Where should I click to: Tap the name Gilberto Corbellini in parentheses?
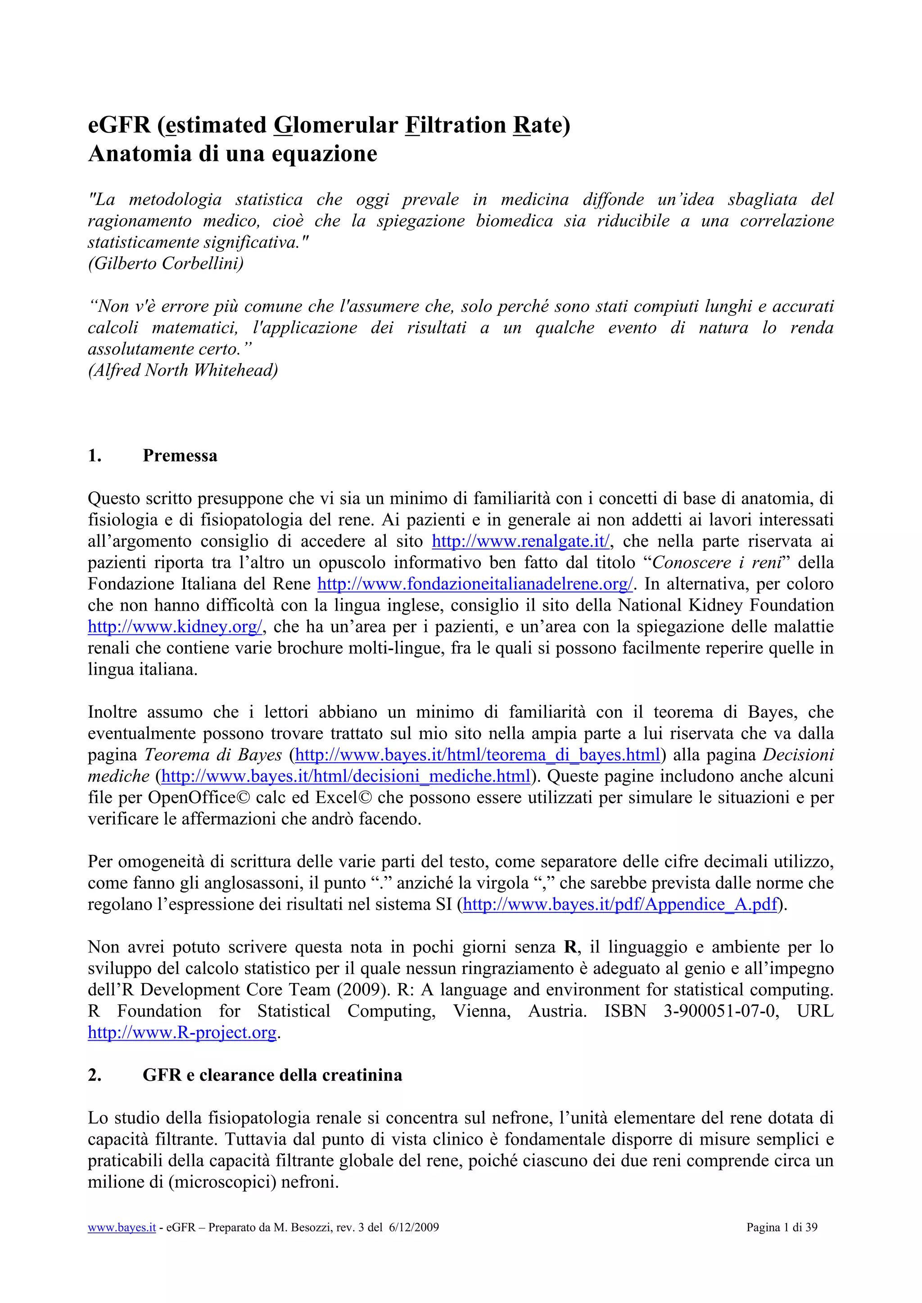coord(166,263)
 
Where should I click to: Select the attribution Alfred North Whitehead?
coord(183,370)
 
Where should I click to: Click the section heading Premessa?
coord(180,456)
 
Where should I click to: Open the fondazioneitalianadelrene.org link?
coord(475,584)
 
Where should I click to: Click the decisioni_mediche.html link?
coord(346,776)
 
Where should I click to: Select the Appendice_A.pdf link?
coord(619,904)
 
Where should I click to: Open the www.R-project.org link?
coord(182,1032)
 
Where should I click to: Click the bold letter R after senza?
coord(570,947)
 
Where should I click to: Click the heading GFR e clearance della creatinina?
coord(272,1075)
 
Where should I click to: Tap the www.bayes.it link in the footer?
coord(122,1227)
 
